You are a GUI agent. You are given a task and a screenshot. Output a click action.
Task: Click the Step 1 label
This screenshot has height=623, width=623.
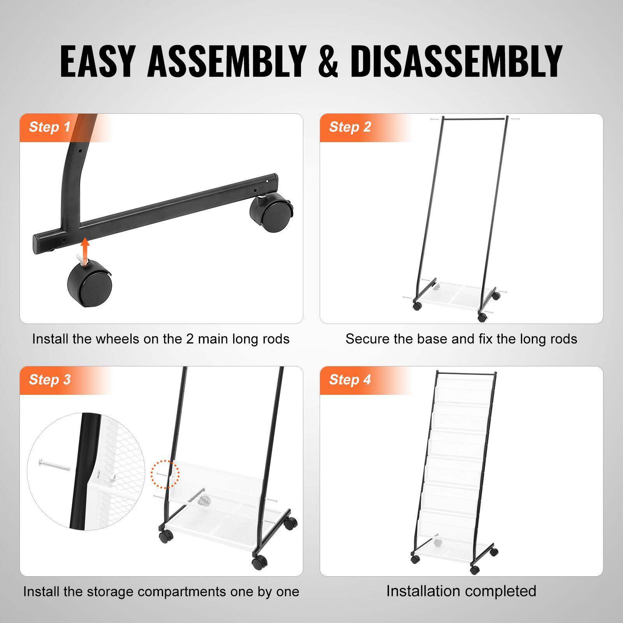[x=49, y=127]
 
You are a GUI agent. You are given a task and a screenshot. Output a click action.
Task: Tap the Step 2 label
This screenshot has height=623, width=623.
[x=350, y=127]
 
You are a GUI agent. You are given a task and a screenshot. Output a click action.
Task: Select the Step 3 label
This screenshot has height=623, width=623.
[x=49, y=380]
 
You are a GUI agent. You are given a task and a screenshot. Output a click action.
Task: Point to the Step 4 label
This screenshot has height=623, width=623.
[x=350, y=380]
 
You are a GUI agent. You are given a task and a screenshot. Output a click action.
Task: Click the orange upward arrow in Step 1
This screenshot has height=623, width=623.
[x=85, y=248]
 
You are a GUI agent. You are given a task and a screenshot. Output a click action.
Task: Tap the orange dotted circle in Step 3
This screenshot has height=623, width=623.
[x=165, y=474]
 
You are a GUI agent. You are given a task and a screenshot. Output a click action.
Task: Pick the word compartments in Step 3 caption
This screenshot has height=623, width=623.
[x=182, y=592]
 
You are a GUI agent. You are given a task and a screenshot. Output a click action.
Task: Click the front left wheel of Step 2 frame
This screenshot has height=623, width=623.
[x=417, y=306]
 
